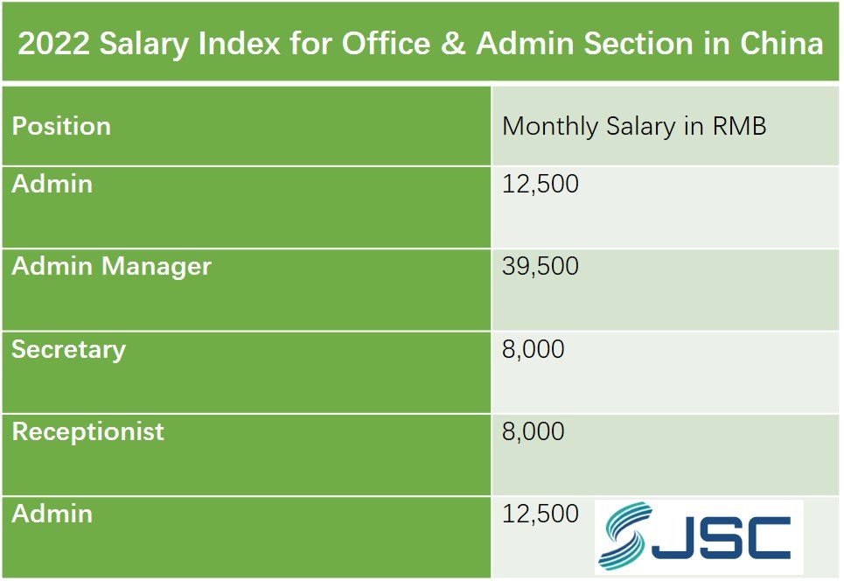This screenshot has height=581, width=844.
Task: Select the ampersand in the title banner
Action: click(451, 45)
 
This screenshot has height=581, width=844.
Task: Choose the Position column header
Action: click(61, 126)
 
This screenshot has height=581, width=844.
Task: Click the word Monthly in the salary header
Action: click(550, 126)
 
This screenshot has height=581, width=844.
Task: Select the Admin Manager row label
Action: click(111, 266)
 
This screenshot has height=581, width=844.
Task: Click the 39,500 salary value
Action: click(541, 266)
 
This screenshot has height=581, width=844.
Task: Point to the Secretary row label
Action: click(68, 349)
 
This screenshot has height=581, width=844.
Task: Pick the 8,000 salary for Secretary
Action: click(534, 349)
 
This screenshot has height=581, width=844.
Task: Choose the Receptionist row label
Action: click(87, 431)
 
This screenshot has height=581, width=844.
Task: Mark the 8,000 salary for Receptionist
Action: click(534, 431)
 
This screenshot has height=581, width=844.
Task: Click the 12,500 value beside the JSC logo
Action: click(541, 514)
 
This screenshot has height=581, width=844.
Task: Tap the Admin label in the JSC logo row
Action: click(52, 514)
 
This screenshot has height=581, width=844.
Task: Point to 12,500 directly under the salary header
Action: click(541, 185)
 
